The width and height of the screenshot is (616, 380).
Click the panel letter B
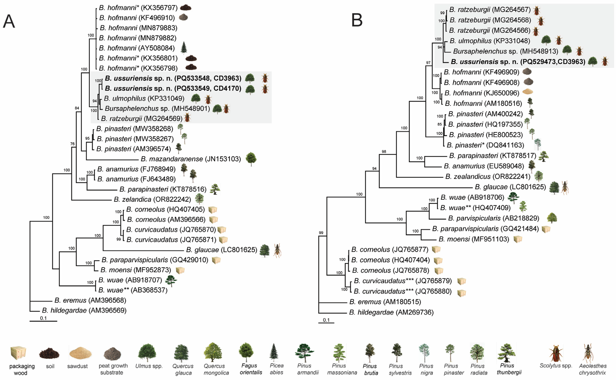point(357,20)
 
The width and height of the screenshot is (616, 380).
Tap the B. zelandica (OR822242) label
point(152,199)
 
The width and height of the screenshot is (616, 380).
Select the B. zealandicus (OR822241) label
point(488,176)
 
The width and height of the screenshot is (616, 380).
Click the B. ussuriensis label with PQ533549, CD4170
point(173,89)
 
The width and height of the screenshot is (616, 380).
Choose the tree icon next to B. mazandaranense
point(251,159)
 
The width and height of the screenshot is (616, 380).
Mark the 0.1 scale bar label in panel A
point(43,318)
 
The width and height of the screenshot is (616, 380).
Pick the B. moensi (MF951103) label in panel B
point(474,239)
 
